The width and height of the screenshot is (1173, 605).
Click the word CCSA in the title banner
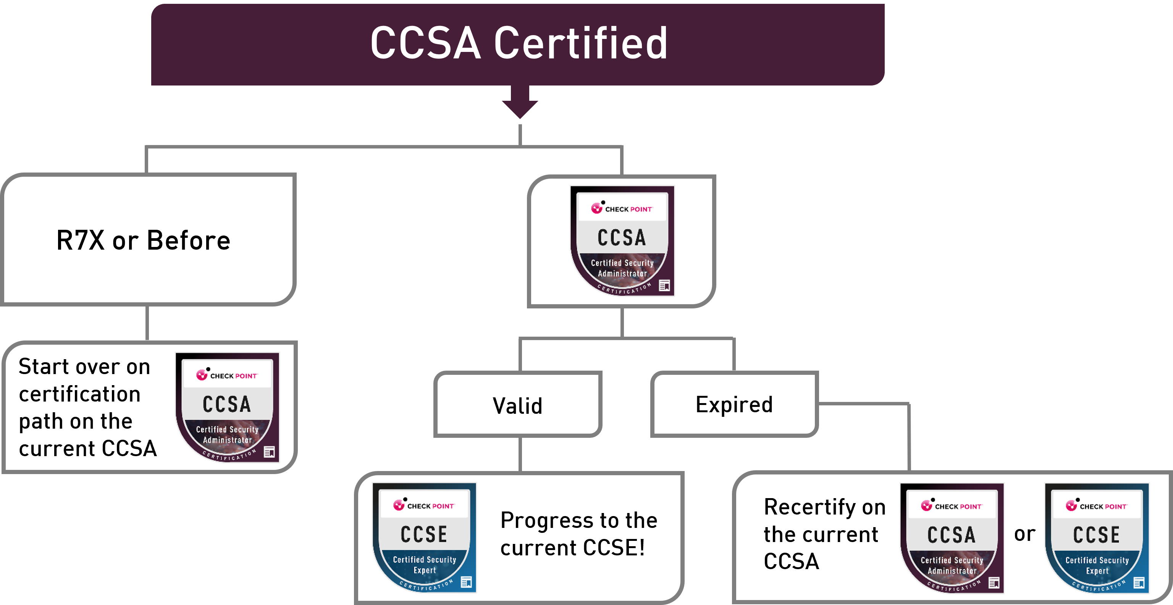[x=425, y=43]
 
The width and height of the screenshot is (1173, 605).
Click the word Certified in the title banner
[x=580, y=43]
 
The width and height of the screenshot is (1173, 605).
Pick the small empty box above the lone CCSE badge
[x=519, y=404]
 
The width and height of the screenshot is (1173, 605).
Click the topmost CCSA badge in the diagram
[x=622, y=241]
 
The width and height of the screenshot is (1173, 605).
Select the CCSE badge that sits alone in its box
[x=424, y=537]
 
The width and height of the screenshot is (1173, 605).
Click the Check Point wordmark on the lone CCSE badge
[x=430, y=506]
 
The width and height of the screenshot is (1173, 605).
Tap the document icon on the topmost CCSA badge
[x=664, y=286]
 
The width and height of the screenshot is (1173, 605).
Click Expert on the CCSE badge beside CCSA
[x=1097, y=571]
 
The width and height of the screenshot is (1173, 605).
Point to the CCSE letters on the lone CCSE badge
[x=424, y=534]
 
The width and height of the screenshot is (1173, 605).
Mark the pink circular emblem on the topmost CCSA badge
[x=596, y=208]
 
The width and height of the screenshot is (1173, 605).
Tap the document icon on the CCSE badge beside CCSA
[x=1139, y=583]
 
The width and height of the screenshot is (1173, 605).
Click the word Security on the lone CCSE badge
[x=440, y=560]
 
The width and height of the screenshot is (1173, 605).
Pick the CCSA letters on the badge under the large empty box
[x=227, y=404]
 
